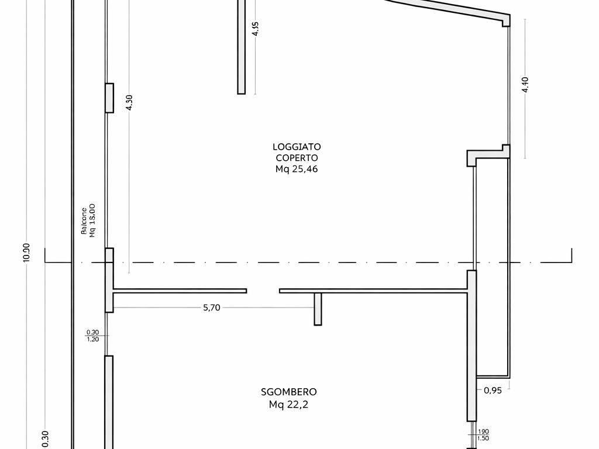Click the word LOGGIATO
[x=297, y=147]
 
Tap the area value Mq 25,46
[x=297, y=169]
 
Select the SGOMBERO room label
[x=289, y=392]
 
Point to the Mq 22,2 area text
[x=288, y=405]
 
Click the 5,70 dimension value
[x=212, y=308]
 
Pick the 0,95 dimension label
[x=493, y=390]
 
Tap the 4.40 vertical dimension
[x=525, y=85]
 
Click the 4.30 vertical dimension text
[x=129, y=102]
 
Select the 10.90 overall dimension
[x=26, y=253]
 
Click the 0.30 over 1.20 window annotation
[x=92, y=336]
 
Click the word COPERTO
[x=297, y=158]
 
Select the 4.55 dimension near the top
[x=255, y=29]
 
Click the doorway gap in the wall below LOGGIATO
[x=263, y=291]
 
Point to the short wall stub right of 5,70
[x=318, y=309]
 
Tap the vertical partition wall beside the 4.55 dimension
[x=241, y=47]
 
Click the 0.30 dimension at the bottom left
[x=45, y=439]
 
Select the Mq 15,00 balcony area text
[x=92, y=220]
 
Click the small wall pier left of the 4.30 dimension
[x=109, y=98]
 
